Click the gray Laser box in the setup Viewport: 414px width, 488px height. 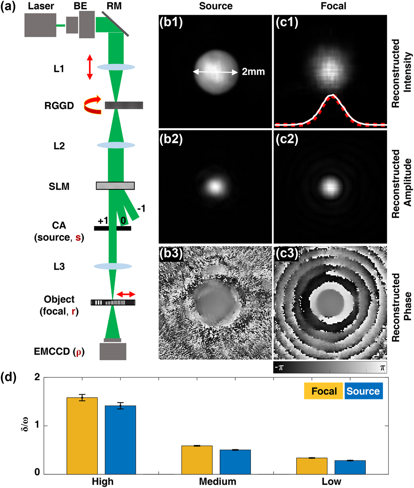pos(40,25)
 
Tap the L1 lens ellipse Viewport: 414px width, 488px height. pos(116,67)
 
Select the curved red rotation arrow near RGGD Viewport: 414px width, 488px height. pos(92,105)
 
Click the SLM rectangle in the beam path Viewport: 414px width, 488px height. pos(115,186)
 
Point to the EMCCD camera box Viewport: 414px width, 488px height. pos(113,351)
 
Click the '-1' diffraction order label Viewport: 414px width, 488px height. pos(141,208)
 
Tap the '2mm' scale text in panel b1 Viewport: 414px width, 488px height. pos(253,72)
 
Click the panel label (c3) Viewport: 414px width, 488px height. pos(287,253)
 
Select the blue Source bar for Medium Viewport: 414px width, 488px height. pos(235,462)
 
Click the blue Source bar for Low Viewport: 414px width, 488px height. pos(350,467)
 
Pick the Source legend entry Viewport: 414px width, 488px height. pos(363,391)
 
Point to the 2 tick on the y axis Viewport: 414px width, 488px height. pos(37,377)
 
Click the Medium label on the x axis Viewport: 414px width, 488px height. pos(217,481)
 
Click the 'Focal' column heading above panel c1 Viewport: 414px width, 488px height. pos(333,6)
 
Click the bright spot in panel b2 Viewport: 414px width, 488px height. pos(215,187)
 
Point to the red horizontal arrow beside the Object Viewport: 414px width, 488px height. pos(126,294)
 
